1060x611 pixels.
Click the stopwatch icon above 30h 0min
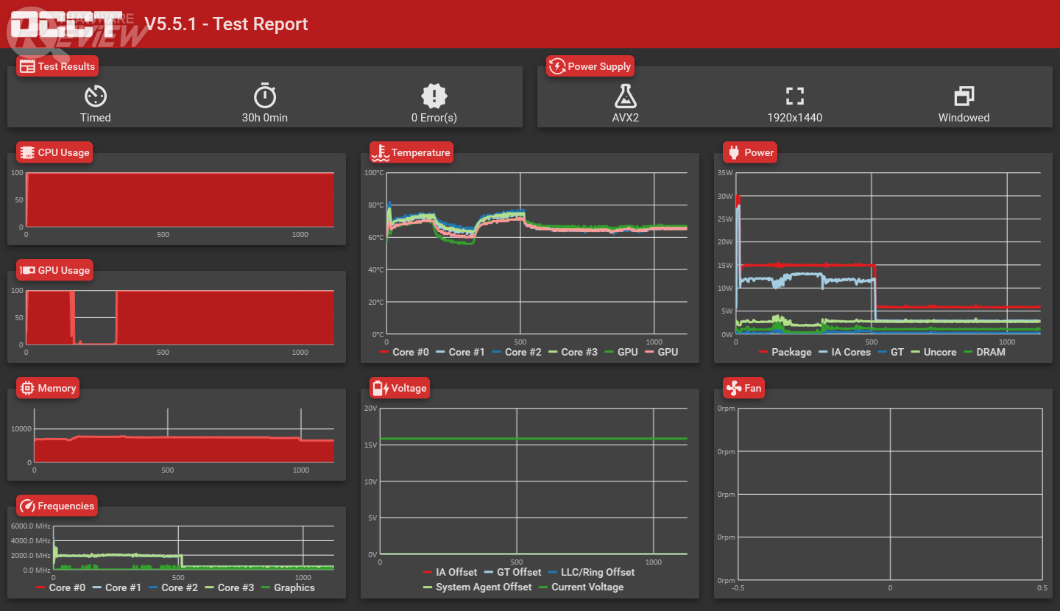[x=265, y=96]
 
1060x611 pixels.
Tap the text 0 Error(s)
[x=434, y=118]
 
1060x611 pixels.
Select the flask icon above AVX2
[x=625, y=96]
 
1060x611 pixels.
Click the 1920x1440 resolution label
[x=794, y=118]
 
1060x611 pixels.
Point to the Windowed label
[x=964, y=118]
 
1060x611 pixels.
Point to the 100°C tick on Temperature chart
[x=375, y=173]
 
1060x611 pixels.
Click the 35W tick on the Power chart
[x=725, y=173]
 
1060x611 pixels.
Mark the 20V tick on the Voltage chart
[x=371, y=408]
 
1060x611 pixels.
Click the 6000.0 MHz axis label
[x=30, y=526]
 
